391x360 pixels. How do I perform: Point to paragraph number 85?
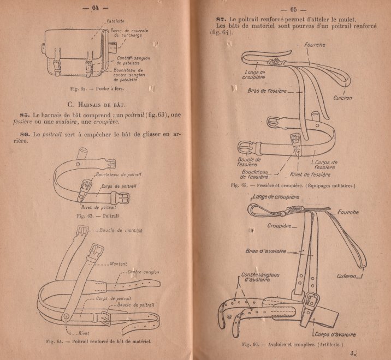click(x=24, y=116)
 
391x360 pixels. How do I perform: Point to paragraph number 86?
click(x=24, y=134)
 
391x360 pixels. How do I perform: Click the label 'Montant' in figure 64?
click(x=119, y=264)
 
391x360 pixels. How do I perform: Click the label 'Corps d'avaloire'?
click(x=334, y=334)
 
